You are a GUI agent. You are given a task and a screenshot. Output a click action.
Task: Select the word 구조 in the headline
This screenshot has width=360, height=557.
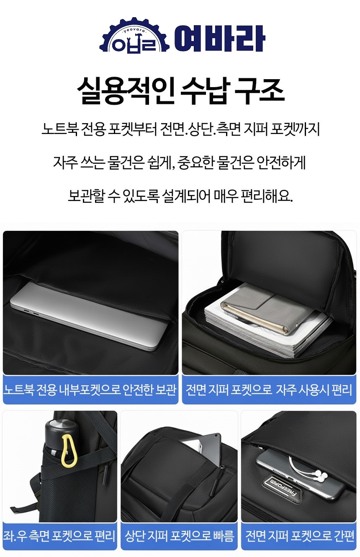click(259, 91)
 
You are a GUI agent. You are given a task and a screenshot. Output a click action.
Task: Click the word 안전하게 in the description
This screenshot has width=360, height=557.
click(281, 162)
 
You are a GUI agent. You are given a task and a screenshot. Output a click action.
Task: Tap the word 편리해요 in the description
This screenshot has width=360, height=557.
click(267, 196)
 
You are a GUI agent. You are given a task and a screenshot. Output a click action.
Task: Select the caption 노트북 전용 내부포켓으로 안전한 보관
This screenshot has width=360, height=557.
click(90, 389)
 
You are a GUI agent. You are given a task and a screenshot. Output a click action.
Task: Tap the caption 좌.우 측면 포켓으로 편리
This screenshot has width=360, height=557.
click(59, 536)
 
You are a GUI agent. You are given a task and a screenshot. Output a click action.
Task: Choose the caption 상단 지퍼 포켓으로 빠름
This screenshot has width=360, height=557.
click(179, 536)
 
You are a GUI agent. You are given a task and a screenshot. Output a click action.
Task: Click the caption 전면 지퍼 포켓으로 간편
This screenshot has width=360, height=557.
click(300, 536)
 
